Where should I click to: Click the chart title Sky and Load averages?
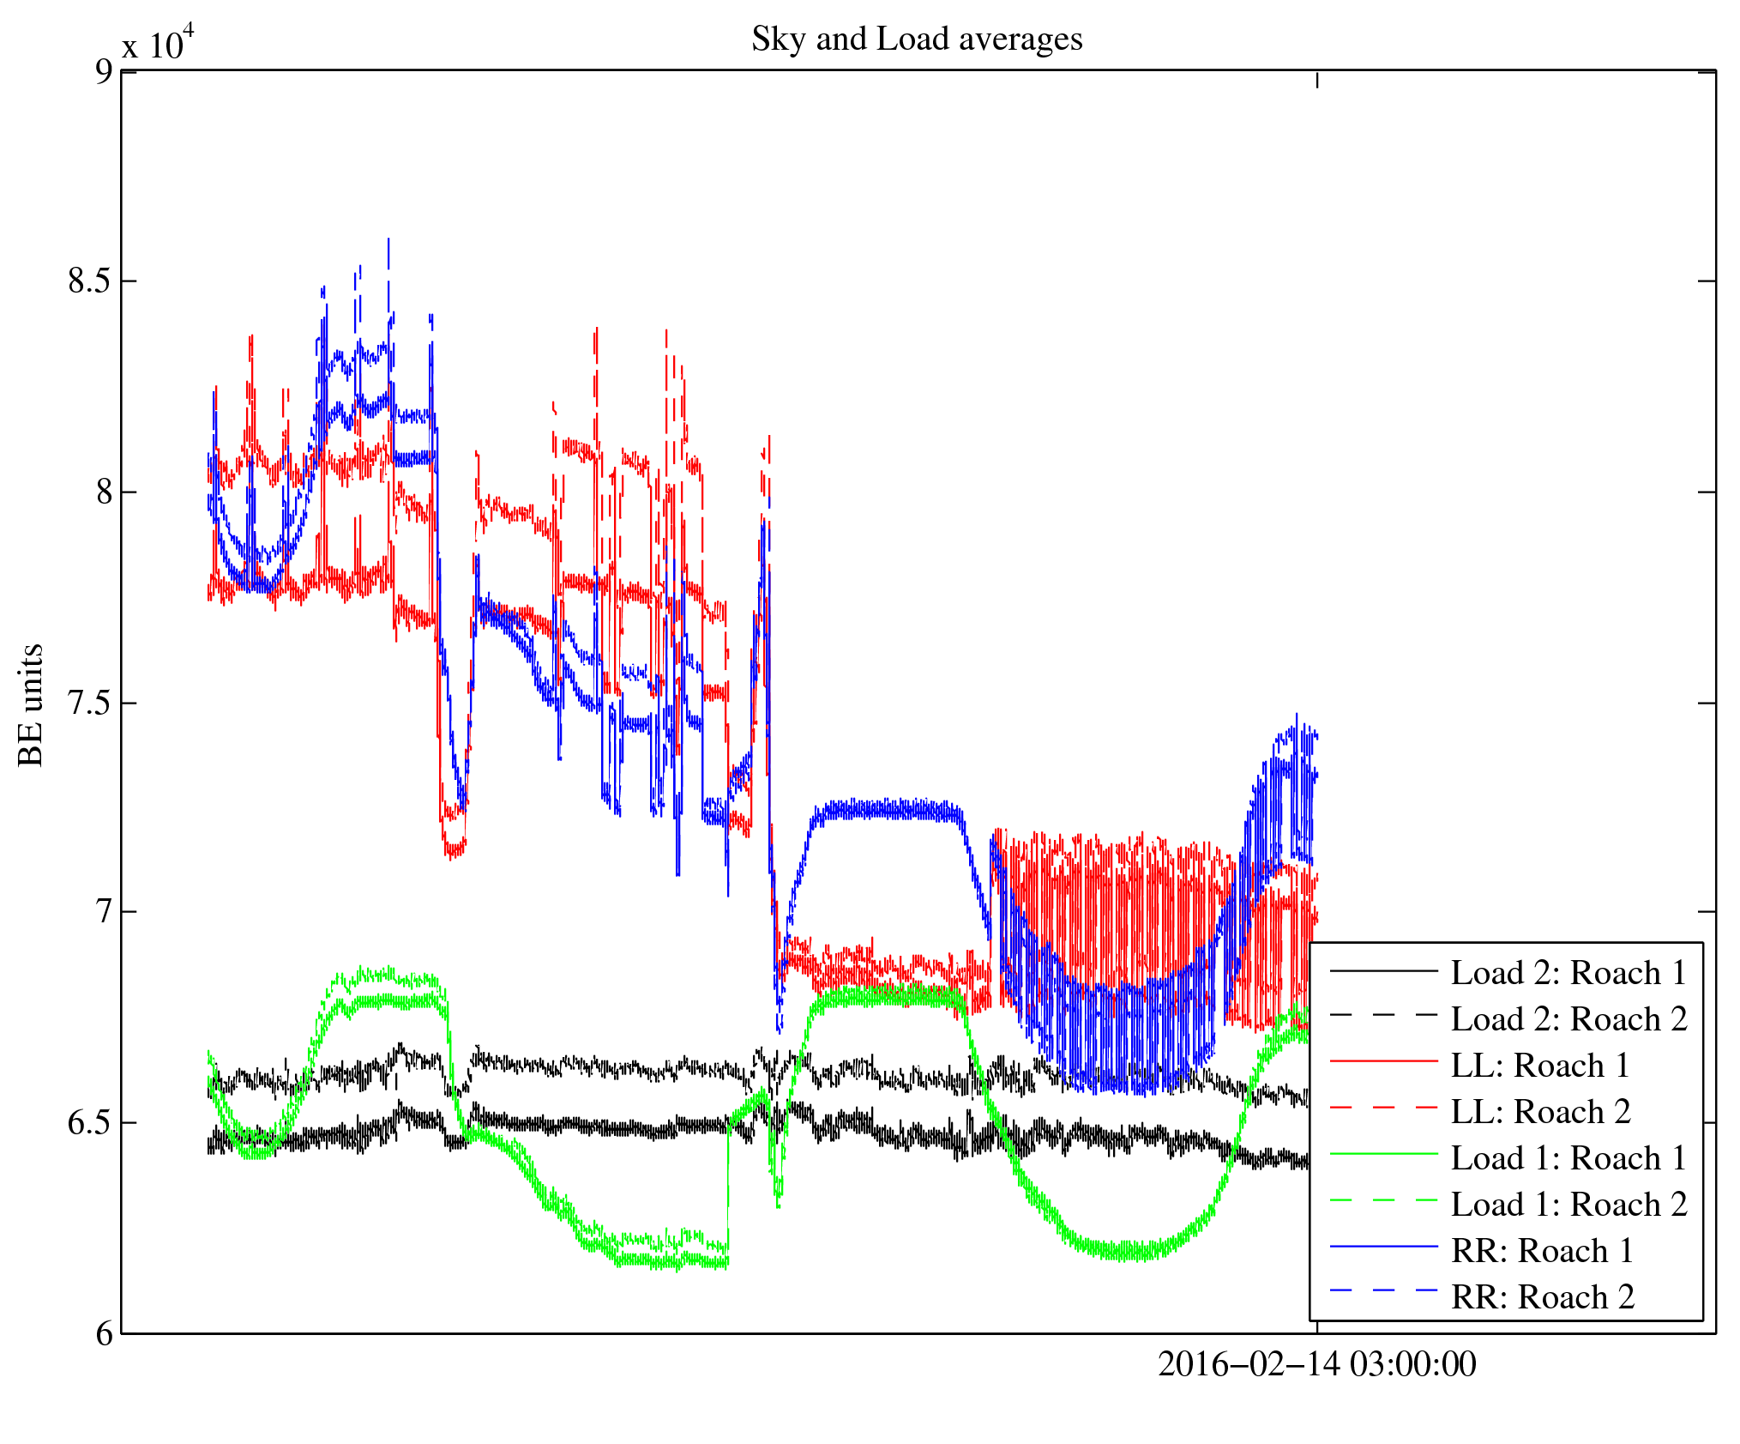coord(917,39)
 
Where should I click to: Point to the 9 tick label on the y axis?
coord(104,71)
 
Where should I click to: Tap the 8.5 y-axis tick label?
coord(90,281)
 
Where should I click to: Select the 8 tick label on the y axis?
coord(104,492)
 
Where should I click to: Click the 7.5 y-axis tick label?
coord(90,703)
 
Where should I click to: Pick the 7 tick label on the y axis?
coord(104,911)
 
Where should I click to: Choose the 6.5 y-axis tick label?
coord(90,1122)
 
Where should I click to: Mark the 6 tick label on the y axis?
coord(104,1333)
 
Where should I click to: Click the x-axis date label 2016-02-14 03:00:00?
coord(1317,1364)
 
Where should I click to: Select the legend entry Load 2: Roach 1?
coord(1568,973)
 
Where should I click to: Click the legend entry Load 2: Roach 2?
coord(1568,1019)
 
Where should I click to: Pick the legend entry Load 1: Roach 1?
coord(1568,1158)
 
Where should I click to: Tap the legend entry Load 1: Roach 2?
coord(1568,1205)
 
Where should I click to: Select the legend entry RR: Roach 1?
coord(1542,1251)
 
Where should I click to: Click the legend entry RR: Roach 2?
coord(1542,1297)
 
